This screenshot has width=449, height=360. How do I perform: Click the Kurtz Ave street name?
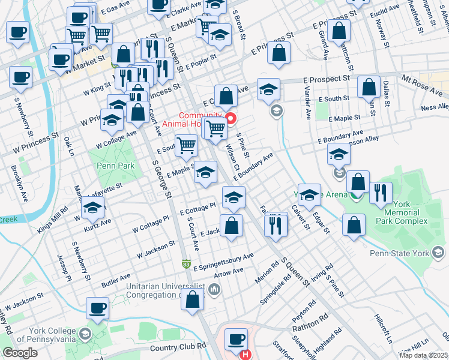tap(97, 223)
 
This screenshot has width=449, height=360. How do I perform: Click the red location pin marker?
tap(229, 116)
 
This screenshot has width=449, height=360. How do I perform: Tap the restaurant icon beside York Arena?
tap(381, 192)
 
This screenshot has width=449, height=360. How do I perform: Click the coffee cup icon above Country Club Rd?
tap(235, 339)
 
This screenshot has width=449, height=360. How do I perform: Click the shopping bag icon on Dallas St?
tap(368, 87)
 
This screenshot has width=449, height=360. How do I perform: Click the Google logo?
tap(20, 352)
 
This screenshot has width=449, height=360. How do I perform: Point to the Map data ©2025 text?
tap(423, 355)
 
